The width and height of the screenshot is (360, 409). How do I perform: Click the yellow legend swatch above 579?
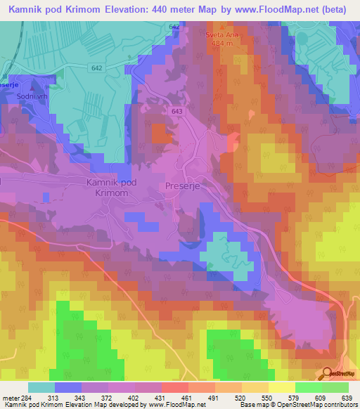click(281, 387)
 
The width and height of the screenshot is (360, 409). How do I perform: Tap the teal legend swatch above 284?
click(41, 387)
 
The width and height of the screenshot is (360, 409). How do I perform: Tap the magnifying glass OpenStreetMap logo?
click(327, 373)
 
